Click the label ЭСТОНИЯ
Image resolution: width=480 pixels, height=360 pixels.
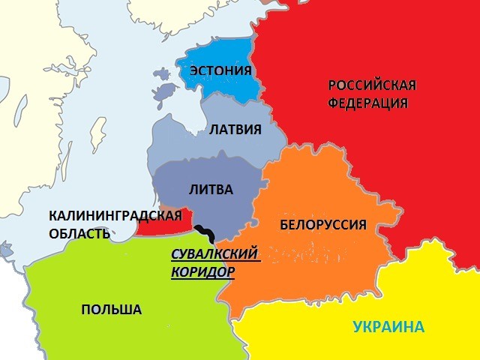(220, 71)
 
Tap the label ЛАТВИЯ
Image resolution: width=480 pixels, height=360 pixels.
(235, 130)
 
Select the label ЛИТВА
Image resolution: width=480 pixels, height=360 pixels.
(213, 189)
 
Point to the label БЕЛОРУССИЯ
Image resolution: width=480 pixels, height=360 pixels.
(322, 224)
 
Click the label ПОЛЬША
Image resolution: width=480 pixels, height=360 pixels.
(111, 309)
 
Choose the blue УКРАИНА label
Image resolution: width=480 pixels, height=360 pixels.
(388, 327)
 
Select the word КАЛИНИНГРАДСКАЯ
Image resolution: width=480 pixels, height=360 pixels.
(115, 216)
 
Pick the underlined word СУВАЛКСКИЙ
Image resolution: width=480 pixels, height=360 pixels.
(215, 253)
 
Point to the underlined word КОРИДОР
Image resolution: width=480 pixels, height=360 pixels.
(202, 271)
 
